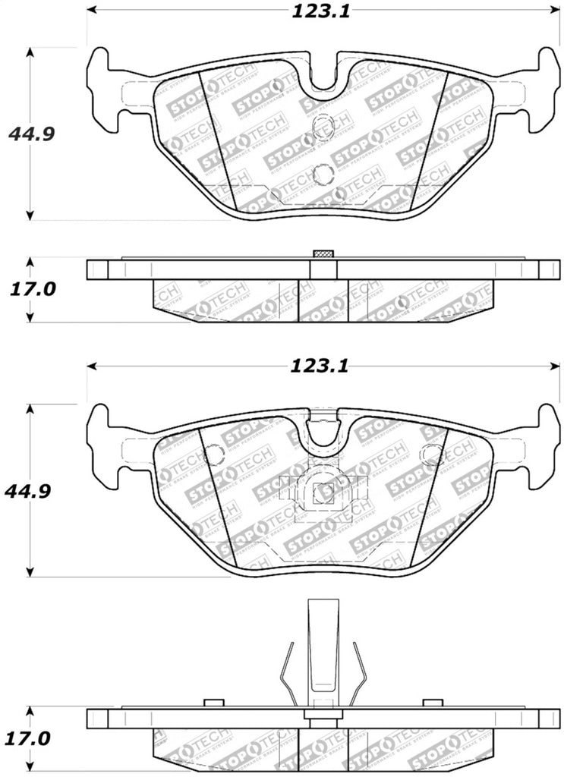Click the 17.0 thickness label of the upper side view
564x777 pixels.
(33, 290)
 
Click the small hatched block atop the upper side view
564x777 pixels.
(323, 253)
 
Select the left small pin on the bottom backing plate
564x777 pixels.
(214, 703)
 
